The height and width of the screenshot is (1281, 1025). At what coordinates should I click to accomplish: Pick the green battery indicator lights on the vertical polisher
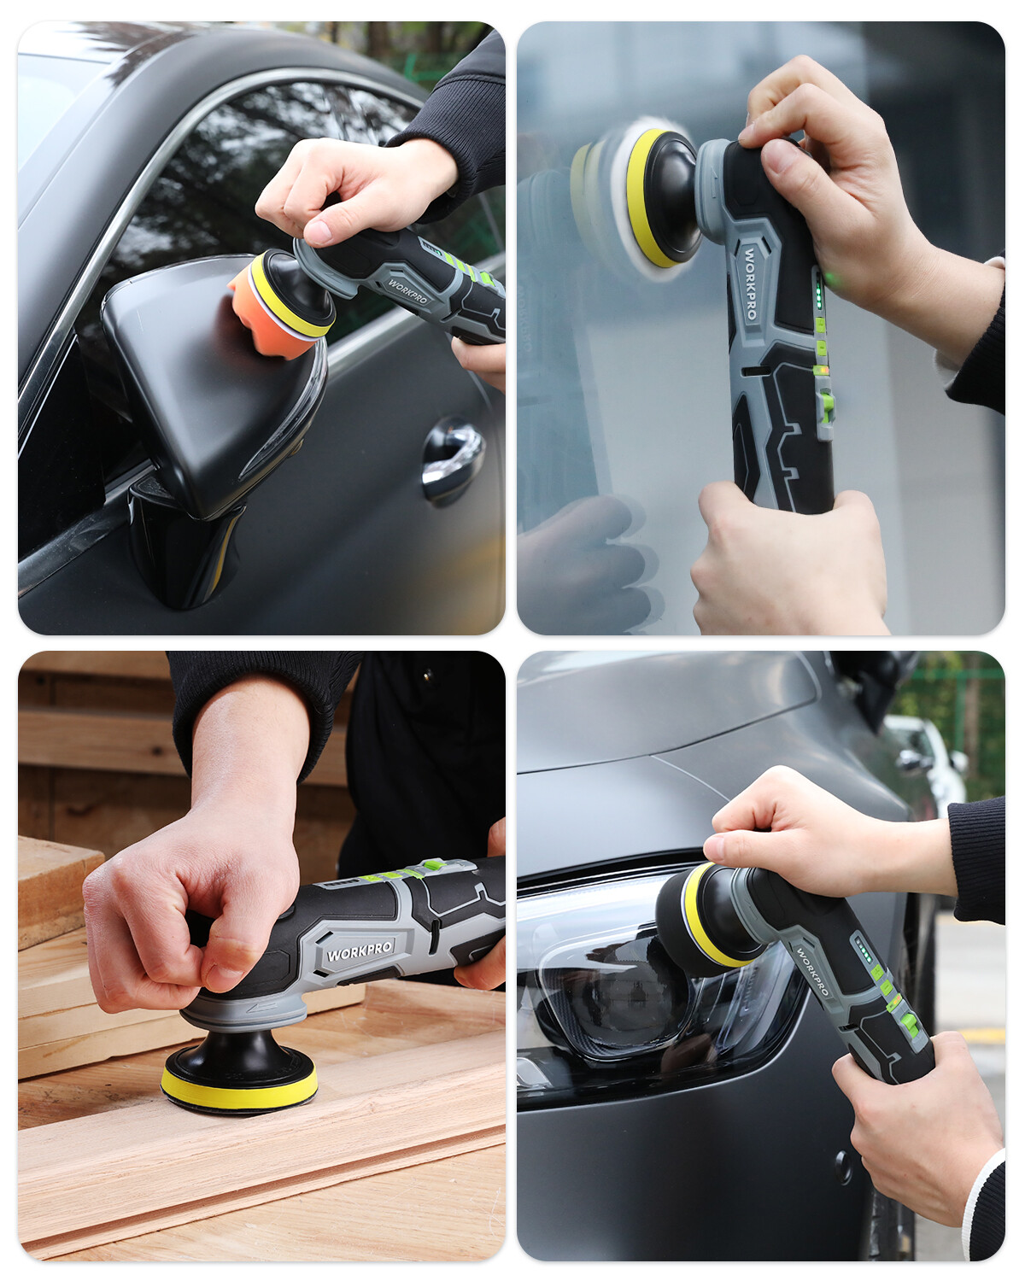click(817, 295)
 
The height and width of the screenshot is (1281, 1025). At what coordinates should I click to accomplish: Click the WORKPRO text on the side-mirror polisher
click(407, 291)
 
